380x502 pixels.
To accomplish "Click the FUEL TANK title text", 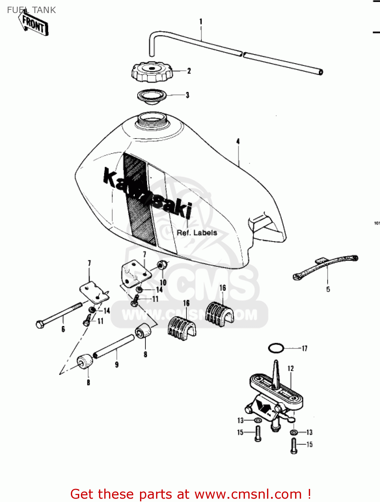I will click(31, 10).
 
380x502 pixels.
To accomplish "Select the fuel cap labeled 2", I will click(151, 72).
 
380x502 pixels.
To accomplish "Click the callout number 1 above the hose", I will click(201, 22).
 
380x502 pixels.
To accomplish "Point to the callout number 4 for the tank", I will click(238, 142).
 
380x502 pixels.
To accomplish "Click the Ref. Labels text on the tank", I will click(197, 233).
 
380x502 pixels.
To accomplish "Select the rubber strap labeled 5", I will click(326, 266).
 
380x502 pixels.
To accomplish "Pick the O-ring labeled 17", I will click(276, 348).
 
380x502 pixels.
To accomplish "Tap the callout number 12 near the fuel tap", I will click(290, 368).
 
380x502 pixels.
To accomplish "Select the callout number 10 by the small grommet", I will click(163, 282).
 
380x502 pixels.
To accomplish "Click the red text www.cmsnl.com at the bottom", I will click(248, 494).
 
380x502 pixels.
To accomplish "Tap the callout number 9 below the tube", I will click(117, 364).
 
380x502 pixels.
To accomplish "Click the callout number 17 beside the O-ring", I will click(304, 349).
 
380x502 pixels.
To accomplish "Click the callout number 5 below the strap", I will click(328, 289).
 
